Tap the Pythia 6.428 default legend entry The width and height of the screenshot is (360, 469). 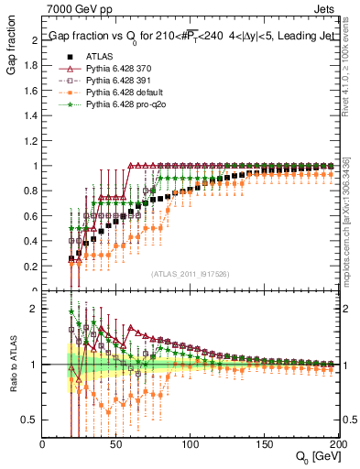(129, 94)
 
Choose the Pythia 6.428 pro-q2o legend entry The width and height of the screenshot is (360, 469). (129, 107)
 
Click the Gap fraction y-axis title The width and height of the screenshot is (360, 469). (14, 54)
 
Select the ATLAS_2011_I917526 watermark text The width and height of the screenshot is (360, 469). (191, 274)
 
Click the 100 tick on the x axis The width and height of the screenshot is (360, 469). (191, 444)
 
